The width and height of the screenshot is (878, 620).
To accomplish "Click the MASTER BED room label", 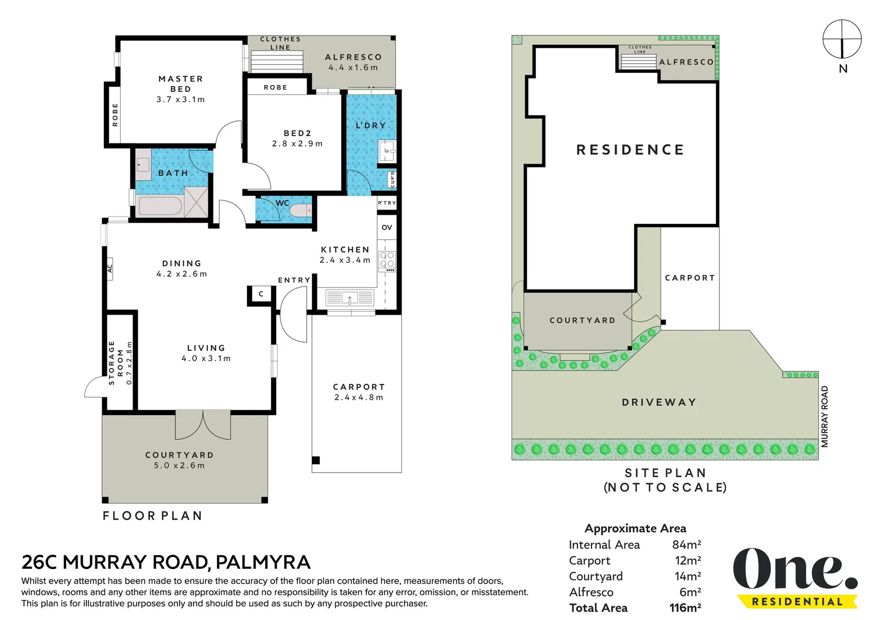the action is click(181, 84).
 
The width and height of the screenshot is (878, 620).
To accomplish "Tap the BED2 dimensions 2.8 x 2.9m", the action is click(297, 144).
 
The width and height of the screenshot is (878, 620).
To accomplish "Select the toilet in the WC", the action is click(301, 211).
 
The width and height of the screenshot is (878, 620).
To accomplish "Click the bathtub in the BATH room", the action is click(160, 206).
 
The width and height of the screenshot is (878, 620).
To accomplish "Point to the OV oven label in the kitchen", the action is click(387, 227).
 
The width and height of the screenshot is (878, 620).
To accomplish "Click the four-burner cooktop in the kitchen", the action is click(387, 260).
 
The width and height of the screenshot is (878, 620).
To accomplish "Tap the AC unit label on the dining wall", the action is click(110, 269).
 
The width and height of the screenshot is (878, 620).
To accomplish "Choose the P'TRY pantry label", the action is click(387, 203).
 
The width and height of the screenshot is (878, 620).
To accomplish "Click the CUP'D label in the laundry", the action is click(392, 180).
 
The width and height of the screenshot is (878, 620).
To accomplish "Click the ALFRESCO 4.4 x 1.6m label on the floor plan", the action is click(354, 63).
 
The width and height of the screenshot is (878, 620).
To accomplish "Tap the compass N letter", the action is click(843, 68).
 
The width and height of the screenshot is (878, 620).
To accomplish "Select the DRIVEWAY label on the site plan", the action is click(659, 402).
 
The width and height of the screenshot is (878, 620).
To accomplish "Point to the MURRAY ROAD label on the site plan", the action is click(825, 417).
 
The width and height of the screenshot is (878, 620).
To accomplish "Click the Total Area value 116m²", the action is click(685, 607).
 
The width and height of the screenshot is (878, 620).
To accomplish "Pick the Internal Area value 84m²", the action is click(687, 544).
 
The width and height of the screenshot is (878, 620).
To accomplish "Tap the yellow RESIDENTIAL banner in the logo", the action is click(797, 602).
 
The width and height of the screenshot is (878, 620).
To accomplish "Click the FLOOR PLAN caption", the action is click(153, 516).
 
